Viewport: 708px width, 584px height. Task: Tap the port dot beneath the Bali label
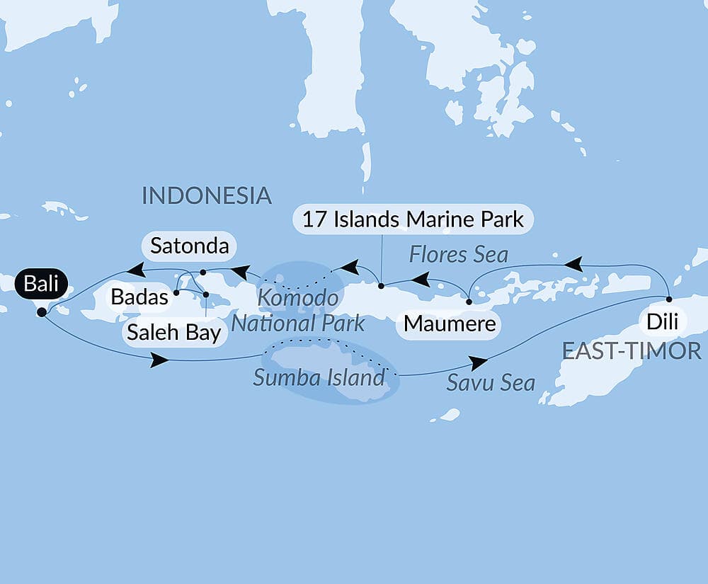[42, 311]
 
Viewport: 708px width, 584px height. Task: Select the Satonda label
[189, 246]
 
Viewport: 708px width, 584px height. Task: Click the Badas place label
[139, 297]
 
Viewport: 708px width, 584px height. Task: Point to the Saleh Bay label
[175, 332]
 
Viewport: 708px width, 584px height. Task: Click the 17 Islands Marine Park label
[413, 219]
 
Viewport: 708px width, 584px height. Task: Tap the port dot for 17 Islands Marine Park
[381, 287]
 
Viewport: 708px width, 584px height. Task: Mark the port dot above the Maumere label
[469, 302]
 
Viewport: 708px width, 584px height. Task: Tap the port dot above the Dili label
[668, 299]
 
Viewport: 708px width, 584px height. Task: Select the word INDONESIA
[207, 195]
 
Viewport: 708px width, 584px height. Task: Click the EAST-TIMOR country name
[632, 350]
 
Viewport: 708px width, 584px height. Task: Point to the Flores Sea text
[458, 254]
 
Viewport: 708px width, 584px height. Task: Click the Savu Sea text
[491, 383]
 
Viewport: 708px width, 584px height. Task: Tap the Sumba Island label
[319, 377]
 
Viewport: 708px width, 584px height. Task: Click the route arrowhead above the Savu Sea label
[479, 363]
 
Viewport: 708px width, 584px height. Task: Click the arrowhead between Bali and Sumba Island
[159, 361]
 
